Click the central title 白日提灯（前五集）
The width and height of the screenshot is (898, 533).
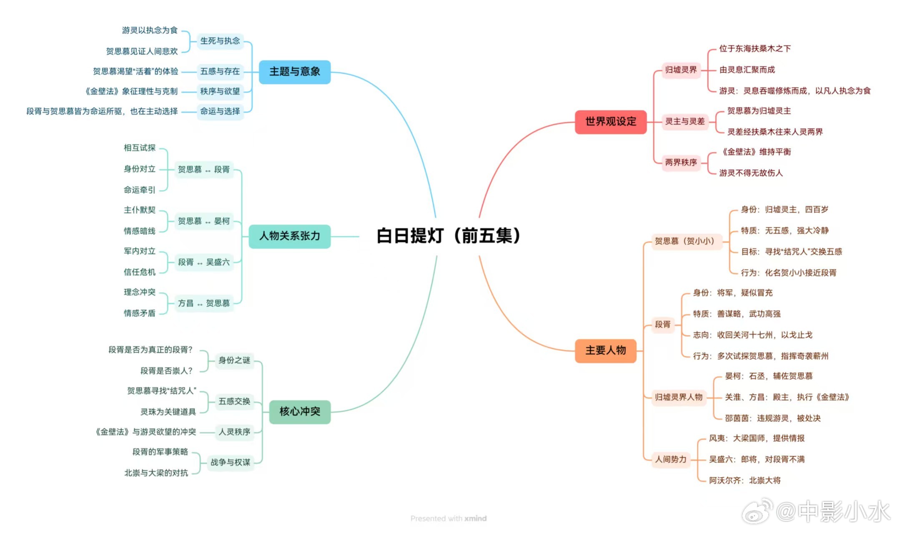pos(448,236)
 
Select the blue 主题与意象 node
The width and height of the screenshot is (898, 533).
pos(294,72)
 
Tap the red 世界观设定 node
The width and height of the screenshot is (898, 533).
pos(610,122)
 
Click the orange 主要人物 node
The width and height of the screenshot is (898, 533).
pos(605,350)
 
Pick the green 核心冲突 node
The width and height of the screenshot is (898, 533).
pos(299,412)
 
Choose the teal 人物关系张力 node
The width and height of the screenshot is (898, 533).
pos(289,236)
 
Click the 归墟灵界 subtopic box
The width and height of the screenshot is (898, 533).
pos(680,70)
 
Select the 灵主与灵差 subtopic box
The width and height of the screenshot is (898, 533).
pos(685,122)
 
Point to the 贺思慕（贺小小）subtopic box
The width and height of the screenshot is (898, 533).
pos(684,241)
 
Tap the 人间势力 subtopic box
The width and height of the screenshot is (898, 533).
pos(670,459)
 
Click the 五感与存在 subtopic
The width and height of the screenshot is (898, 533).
pos(220,71)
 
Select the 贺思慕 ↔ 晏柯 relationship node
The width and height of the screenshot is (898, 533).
pos(203,221)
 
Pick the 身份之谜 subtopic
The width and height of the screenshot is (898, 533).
pos(234,360)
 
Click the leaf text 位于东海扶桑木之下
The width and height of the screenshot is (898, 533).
pos(755,49)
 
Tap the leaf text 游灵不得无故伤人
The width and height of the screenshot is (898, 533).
pos(750,173)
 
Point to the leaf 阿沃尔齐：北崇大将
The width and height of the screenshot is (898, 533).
pos(745,480)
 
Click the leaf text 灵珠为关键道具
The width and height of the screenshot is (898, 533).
pos(168,412)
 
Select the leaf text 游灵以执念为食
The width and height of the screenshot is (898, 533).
pos(150,30)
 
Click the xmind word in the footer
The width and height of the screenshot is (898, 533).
pos(475,518)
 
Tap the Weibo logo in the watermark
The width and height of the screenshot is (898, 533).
pos(756,511)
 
